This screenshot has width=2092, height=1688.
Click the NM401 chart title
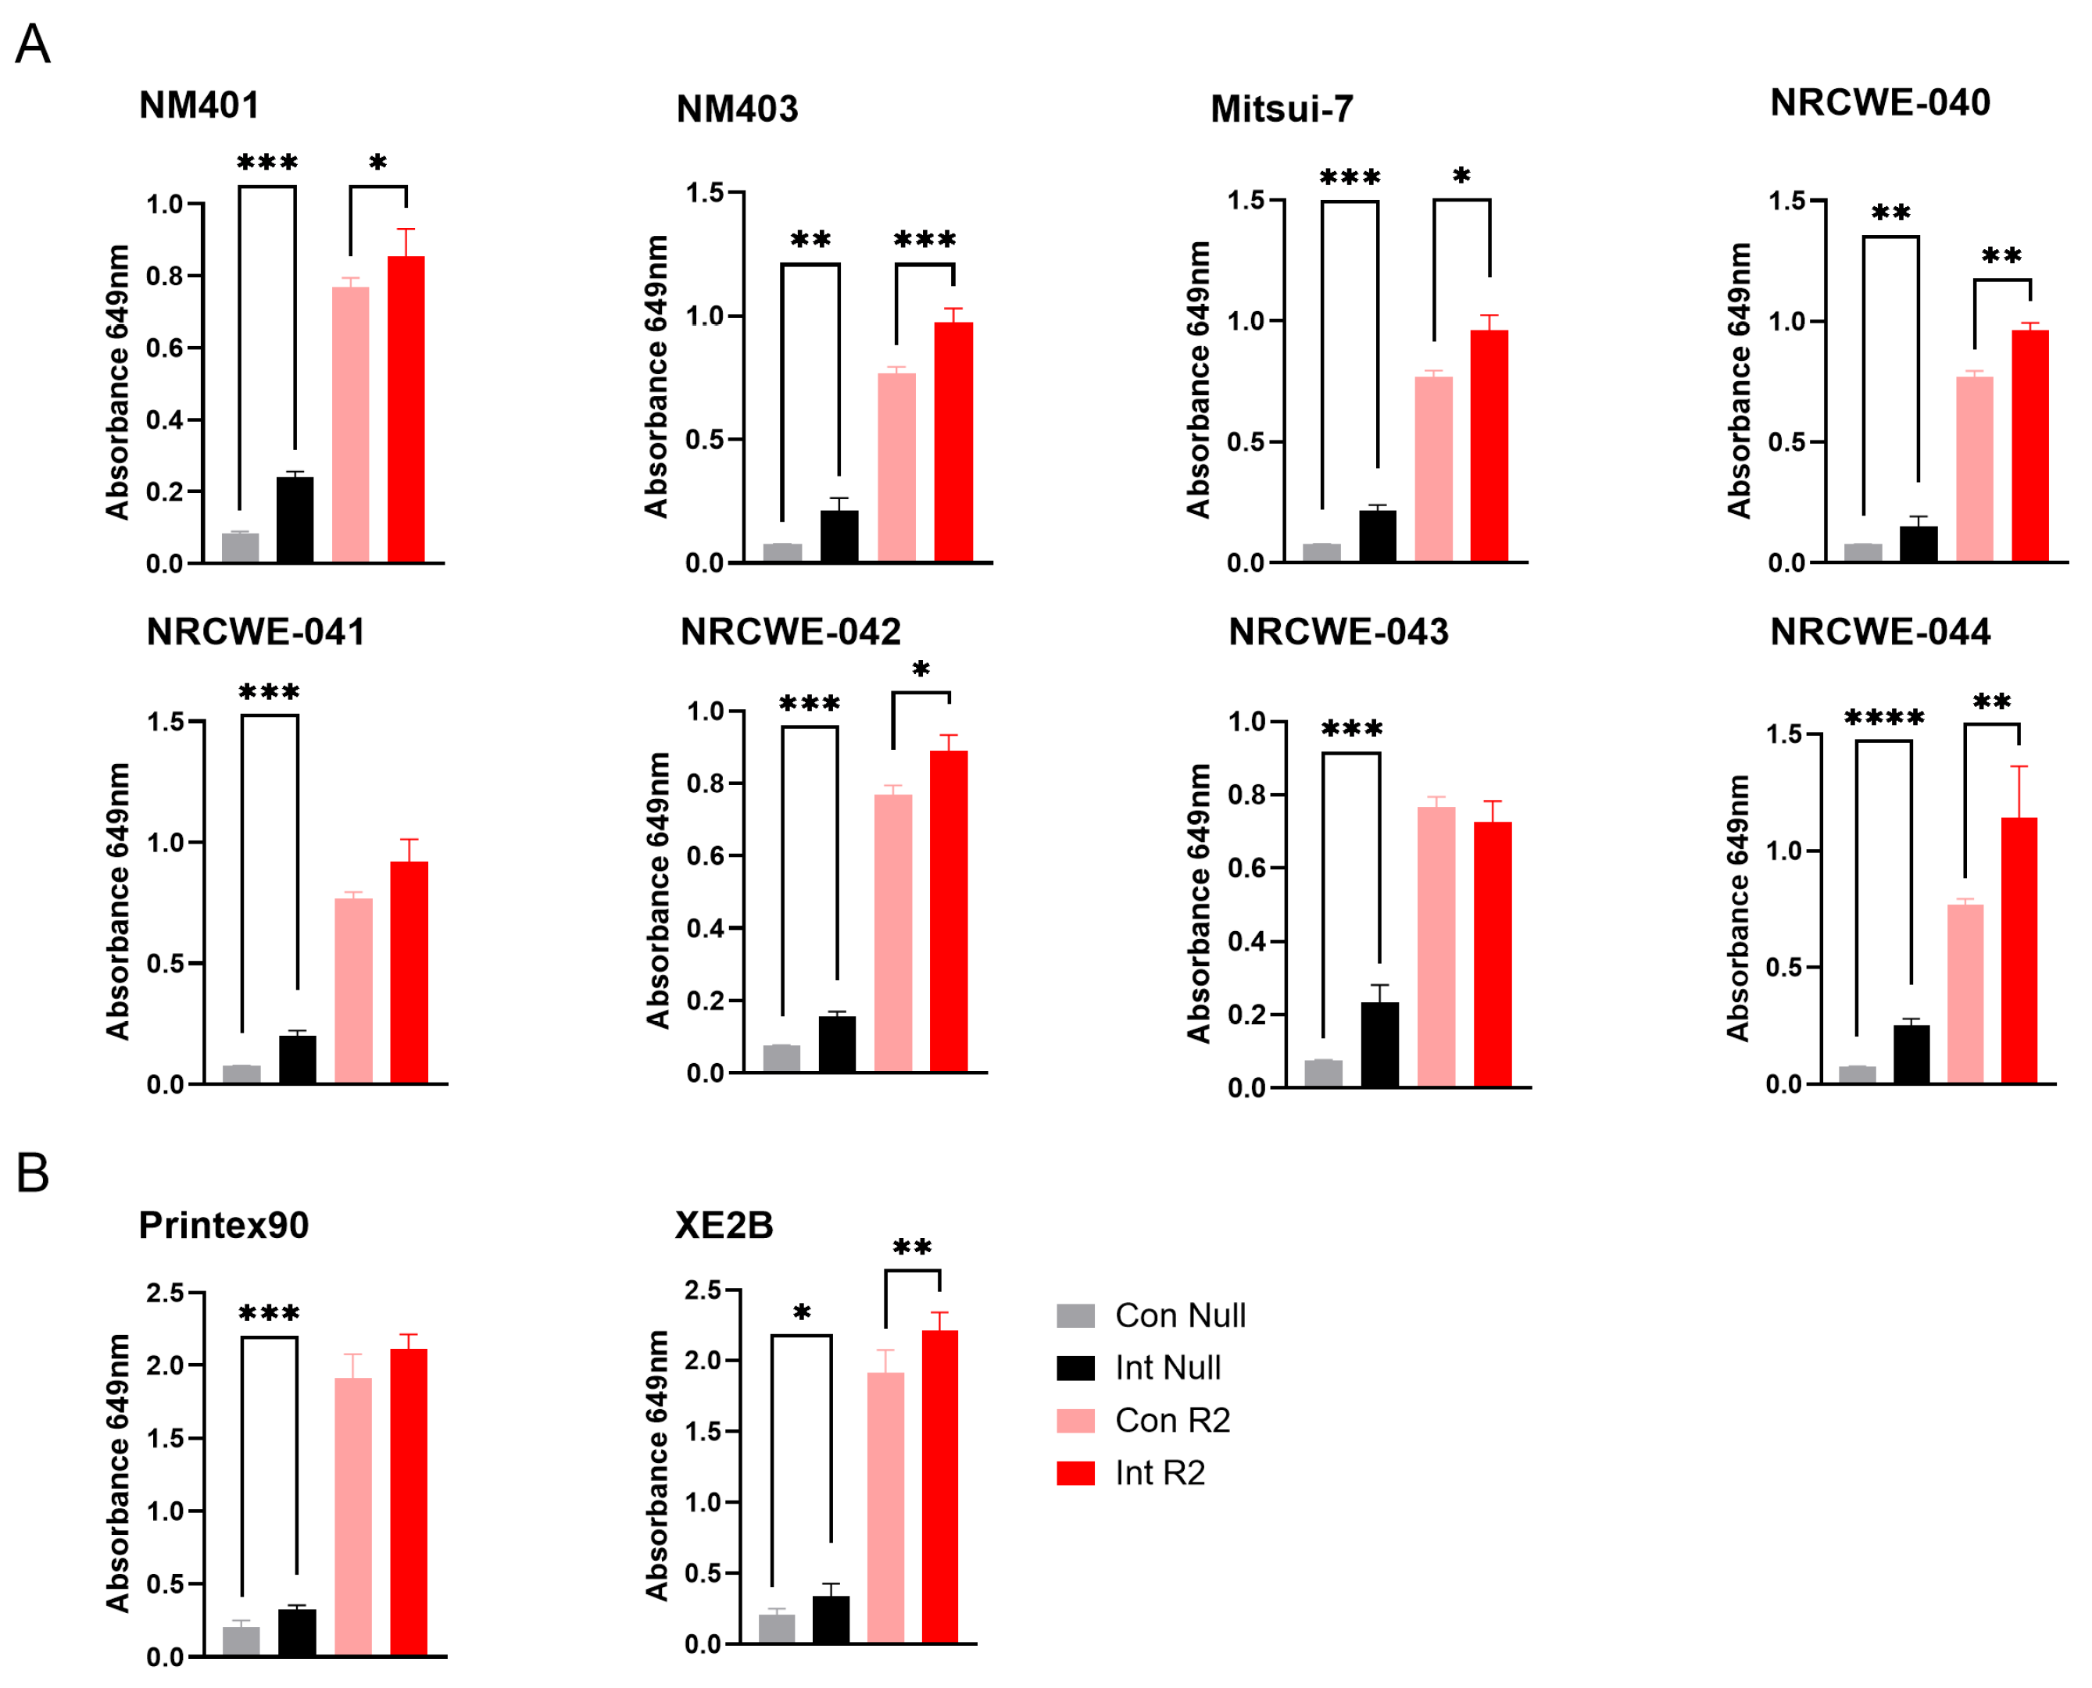(x=199, y=105)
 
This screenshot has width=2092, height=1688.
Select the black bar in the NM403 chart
(x=839, y=536)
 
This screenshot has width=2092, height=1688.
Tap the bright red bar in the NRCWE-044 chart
(x=2019, y=950)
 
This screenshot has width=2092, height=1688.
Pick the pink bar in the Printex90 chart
(x=353, y=1516)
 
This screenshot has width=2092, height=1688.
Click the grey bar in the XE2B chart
(x=776, y=1629)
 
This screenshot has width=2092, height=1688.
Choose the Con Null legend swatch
(x=1075, y=1315)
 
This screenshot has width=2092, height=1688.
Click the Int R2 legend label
(x=1160, y=1473)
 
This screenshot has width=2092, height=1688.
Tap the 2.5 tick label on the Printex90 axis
(x=164, y=1292)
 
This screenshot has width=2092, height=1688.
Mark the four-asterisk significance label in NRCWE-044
(x=1884, y=718)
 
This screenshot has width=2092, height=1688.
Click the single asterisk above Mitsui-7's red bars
(x=1462, y=176)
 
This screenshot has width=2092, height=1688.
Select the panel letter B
(x=33, y=1172)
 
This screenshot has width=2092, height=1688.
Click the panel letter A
(x=33, y=45)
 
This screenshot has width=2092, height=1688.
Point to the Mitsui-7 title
(x=1282, y=109)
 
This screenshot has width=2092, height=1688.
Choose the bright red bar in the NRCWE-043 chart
(x=1493, y=954)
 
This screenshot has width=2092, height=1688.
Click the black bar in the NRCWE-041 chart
(x=298, y=1059)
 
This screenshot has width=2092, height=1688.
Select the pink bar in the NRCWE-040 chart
(x=1974, y=469)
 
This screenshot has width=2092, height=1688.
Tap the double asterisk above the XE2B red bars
(x=912, y=1247)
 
